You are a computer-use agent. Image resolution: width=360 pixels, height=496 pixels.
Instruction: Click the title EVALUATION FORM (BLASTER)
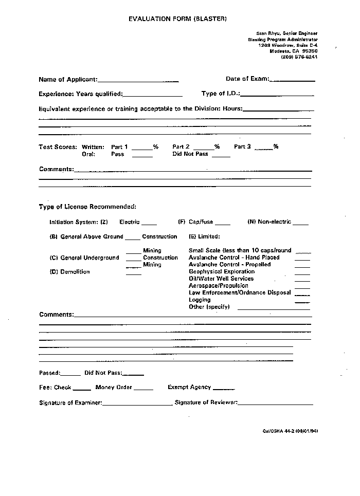[177, 19]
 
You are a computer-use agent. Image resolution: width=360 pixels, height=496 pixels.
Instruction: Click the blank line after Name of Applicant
[138, 81]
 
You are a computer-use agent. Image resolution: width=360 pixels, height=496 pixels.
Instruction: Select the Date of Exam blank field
[292, 80]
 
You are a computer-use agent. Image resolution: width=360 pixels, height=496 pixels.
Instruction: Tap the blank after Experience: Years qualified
[153, 95]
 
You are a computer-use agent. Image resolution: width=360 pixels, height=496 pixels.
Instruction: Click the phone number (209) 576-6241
[299, 57]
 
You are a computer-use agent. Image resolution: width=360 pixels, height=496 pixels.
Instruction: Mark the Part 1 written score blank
[142, 148]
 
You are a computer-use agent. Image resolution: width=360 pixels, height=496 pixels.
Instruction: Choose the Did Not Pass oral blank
[221, 155]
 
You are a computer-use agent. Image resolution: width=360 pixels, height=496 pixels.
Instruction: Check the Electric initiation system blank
[149, 224]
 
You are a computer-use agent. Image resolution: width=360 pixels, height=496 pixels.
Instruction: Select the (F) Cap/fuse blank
[223, 224]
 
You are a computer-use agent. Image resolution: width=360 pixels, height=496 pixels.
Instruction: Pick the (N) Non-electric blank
[301, 224]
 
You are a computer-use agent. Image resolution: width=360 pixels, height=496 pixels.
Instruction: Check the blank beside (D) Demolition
[134, 273]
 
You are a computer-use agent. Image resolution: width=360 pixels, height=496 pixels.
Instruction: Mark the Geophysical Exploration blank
[302, 273]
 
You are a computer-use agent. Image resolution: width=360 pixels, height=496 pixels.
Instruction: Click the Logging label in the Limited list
[200, 300]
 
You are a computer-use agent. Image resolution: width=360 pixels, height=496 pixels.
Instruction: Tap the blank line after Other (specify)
[274, 308]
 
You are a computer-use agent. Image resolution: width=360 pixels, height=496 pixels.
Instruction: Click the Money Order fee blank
[143, 389]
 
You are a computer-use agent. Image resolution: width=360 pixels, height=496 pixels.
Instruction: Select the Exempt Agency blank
[224, 389]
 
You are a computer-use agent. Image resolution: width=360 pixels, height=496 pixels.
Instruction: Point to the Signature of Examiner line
[137, 405]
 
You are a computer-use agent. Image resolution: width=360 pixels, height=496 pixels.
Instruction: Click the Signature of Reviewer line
[275, 405]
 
